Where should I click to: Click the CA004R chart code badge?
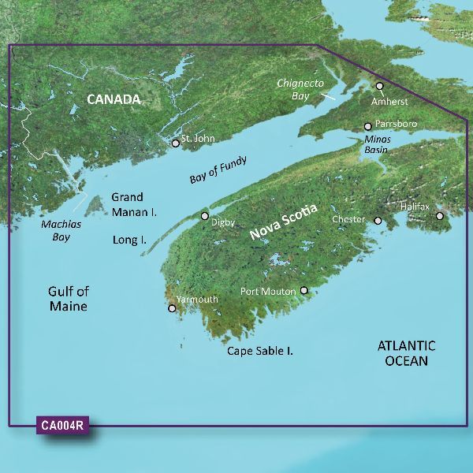point(63,426)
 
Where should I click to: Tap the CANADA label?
point(114,99)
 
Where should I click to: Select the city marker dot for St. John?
point(176,143)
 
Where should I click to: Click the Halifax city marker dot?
point(440,215)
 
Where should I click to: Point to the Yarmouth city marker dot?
point(172,308)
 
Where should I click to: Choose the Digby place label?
point(223,223)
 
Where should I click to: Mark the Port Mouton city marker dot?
point(304,291)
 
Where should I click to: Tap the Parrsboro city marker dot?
point(367,126)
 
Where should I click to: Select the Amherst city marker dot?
point(379,86)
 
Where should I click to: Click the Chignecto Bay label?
point(297,88)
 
